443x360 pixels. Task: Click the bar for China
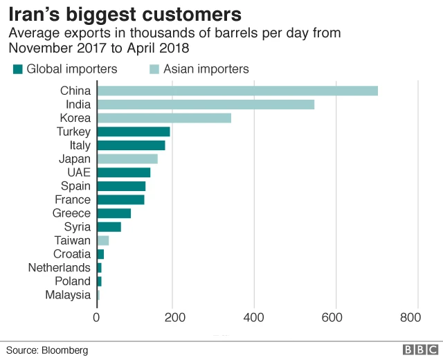(x=237, y=91)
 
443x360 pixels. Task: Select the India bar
(x=205, y=105)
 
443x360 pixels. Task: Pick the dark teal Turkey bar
(x=133, y=132)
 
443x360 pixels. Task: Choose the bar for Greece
(x=114, y=213)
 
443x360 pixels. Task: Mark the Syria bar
(x=109, y=226)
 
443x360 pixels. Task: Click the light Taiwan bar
(x=102, y=240)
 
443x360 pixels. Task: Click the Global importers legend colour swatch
(x=18, y=69)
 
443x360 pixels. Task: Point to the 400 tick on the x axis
(x=254, y=318)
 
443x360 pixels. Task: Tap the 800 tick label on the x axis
(x=410, y=318)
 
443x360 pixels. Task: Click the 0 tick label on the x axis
(x=97, y=318)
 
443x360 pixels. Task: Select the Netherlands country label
(x=60, y=267)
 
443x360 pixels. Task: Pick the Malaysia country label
(x=68, y=295)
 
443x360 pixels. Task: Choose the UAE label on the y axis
(x=78, y=172)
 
